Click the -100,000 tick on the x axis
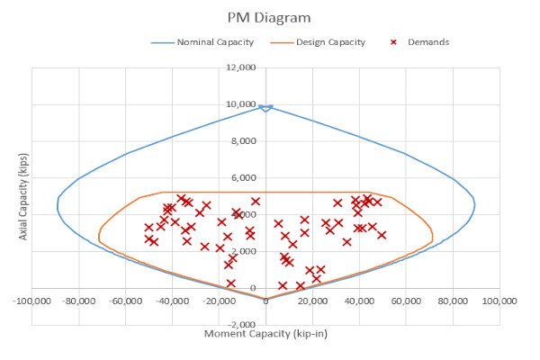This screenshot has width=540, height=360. coord(32,302)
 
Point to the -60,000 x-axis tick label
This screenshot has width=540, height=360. coord(126,302)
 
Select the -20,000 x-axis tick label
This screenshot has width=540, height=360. coord(219,302)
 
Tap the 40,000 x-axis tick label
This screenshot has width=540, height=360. coord(360,302)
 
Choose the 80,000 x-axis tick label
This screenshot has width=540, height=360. coord(453,302)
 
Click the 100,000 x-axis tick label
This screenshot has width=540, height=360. coord(498,302)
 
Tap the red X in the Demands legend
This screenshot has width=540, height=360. coord(393,42)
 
